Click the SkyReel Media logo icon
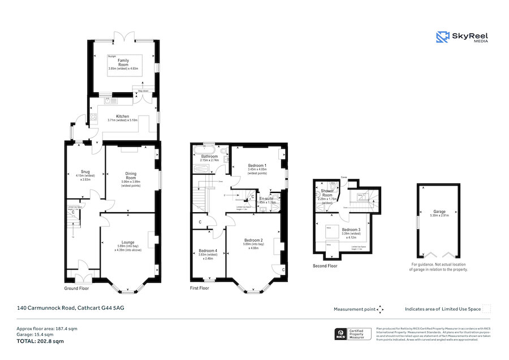tap(442, 37)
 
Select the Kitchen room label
tap(122, 116)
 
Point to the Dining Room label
tap(131, 177)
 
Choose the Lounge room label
tap(128, 242)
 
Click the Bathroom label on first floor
tap(209, 156)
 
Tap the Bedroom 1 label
tap(258, 165)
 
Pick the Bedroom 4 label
tap(208, 251)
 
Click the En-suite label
tap(266, 199)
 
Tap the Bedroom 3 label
tap(351, 229)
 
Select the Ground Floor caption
tap(76, 288)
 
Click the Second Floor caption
tap(325, 265)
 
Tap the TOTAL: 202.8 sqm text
tap(40, 341)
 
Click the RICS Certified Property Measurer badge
tap(353, 334)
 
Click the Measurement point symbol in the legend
tap(381, 309)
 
